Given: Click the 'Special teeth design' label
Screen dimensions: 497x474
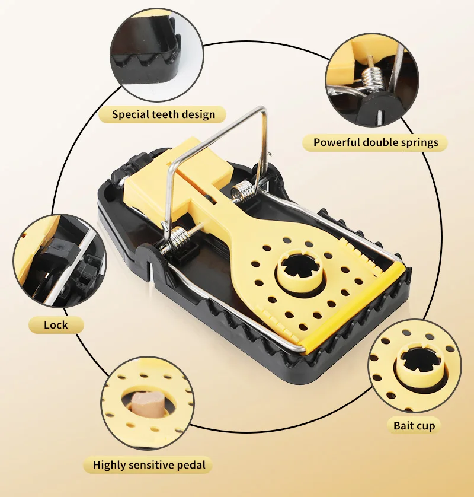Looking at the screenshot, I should point(164,114).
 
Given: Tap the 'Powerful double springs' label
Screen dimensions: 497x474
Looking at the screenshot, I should point(376,142).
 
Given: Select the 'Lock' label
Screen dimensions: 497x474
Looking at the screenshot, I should point(56,324).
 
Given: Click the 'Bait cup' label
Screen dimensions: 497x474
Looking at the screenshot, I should point(414,425).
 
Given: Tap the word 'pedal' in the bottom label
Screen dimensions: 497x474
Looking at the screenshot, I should point(191,464).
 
